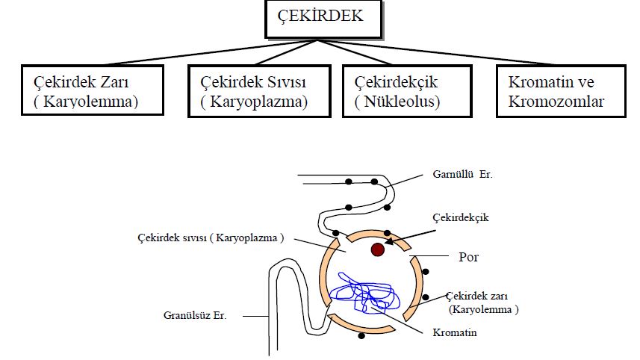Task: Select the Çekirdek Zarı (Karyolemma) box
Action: point(93,91)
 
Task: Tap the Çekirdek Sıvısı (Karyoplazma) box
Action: point(258,91)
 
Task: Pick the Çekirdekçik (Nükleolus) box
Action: point(406,91)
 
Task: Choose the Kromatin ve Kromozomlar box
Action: point(560,91)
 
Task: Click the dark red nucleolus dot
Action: point(379,249)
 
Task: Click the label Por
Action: point(467,258)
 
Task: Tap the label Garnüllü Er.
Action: point(463,174)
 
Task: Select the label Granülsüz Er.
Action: point(195,315)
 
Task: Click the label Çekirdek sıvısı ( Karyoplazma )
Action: point(211,238)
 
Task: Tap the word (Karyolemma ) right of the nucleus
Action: point(483,308)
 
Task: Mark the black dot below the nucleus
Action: point(362,338)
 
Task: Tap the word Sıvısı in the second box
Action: point(287,81)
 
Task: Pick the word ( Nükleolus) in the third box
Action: point(398,102)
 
